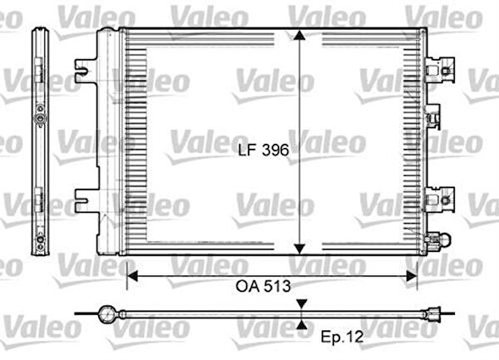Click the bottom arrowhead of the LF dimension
(x=301, y=247)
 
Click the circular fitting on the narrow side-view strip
(x=39, y=119)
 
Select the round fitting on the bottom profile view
(x=106, y=314)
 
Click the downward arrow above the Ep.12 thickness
(x=301, y=305)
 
